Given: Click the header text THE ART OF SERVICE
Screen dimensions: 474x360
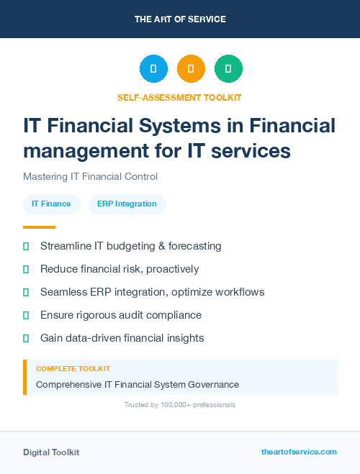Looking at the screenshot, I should (x=180, y=19).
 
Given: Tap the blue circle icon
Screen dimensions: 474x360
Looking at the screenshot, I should (x=153, y=69).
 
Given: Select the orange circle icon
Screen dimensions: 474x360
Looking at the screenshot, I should (x=191, y=69).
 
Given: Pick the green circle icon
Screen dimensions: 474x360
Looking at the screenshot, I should (x=228, y=69).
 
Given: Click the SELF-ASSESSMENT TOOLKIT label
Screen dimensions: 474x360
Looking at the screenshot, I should (x=179, y=97).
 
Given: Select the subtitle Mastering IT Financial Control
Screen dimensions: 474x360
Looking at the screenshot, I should (x=90, y=176).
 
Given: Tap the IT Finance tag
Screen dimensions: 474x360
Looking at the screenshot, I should (x=51, y=204).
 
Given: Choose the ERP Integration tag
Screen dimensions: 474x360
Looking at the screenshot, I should (x=127, y=204).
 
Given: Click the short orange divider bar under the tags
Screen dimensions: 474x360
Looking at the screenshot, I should (x=34, y=227).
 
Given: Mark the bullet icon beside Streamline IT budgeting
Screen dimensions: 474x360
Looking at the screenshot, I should (x=26, y=246).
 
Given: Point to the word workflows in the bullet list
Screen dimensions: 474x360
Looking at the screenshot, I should (x=239, y=292).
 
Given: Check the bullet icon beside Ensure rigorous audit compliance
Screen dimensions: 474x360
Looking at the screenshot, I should (x=26, y=315).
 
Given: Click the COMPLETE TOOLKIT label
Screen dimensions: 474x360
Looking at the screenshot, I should (x=73, y=368).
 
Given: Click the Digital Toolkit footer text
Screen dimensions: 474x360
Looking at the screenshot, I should (x=51, y=452).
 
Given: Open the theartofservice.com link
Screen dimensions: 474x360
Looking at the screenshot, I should (x=299, y=452).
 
